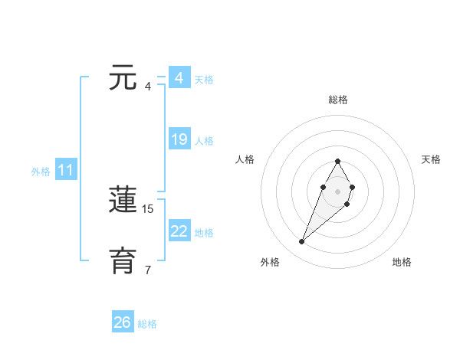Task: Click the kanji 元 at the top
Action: coord(123,80)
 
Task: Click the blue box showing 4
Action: coord(179,78)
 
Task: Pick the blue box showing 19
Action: coord(179,139)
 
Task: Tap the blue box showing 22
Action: coord(179,231)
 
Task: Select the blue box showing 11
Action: coord(66,171)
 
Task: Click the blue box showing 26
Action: coord(123,322)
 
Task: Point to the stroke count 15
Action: coord(148,208)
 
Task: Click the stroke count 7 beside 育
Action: coord(148,270)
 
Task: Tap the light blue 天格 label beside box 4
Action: coord(204,80)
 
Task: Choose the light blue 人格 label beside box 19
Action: coord(204,141)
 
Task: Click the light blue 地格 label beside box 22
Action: coord(204,233)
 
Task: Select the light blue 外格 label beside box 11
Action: coord(41,172)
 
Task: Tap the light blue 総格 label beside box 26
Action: coord(147,324)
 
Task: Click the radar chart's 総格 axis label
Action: coord(338,100)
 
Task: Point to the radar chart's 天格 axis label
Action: coord(431,159)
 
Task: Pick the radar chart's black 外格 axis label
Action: coord(270,262)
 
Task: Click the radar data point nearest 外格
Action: coord(302,242)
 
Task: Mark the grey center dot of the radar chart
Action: coord(337,190)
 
